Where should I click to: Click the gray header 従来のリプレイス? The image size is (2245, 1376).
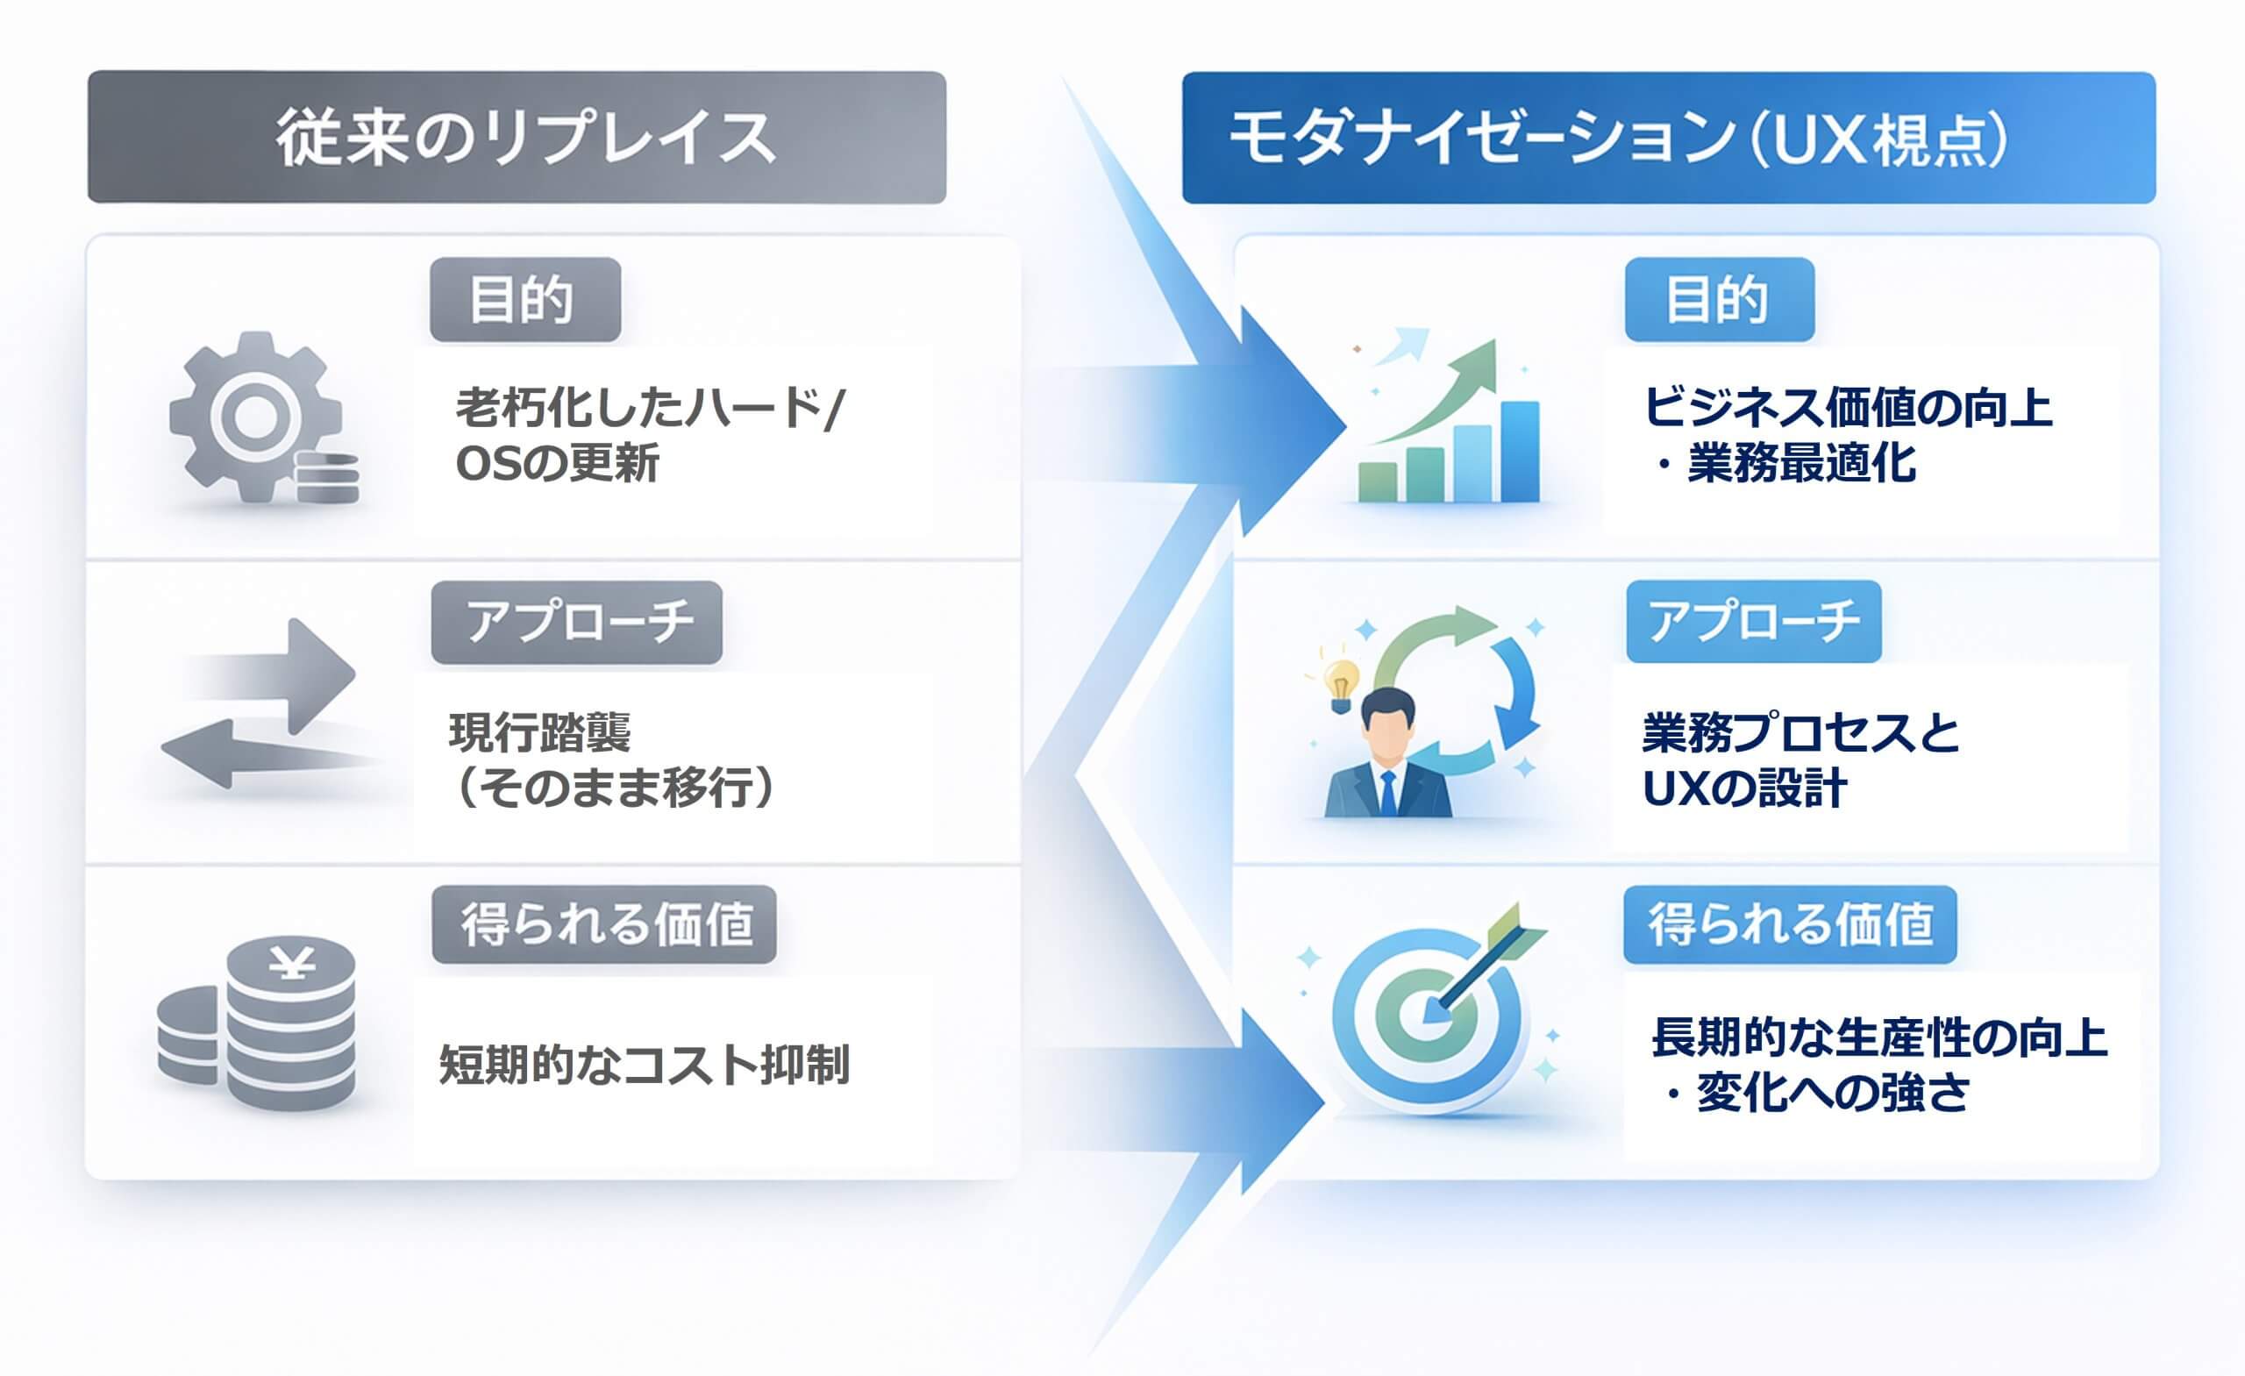517,138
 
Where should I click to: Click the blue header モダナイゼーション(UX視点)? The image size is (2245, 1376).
1667,138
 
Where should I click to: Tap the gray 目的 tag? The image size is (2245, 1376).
524,300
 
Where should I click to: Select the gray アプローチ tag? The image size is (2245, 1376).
576,623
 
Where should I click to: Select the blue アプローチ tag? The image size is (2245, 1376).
1753,622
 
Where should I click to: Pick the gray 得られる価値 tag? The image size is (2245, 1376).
603,925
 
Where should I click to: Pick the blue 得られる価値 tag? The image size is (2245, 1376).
1790,925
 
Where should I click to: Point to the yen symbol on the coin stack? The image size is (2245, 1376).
291,962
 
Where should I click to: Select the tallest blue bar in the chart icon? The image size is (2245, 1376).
1519,451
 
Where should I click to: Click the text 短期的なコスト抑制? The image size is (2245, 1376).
644,1065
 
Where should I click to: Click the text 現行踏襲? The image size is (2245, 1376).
539,732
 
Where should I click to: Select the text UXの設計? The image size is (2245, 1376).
1743,789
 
